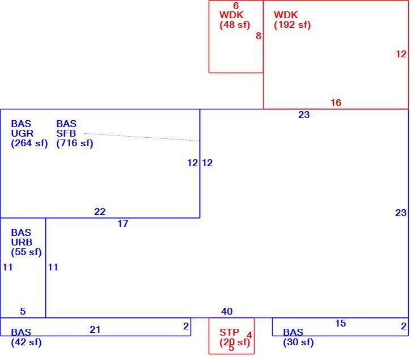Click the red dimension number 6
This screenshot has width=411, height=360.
[x=236, y=6]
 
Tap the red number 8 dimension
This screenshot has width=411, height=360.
[x=259, y=36]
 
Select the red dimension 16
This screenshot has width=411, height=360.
[x=336, y=103]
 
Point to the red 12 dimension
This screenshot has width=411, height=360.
[x=401, y=54]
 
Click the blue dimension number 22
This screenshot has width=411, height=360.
[x=100, y=211]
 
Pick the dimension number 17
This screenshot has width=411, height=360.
[x=122, y=224]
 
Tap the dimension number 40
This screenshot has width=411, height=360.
[x=227, y=311]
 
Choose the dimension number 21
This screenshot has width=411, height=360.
[x=95, y=329]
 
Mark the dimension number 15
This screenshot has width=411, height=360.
[x=341, y=323]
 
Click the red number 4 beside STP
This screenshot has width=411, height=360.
[x=249, y=335]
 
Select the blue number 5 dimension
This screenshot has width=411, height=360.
[x=23, y=311]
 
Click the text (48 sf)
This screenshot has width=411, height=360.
[x=235, y=25]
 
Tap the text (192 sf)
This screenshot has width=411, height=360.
[x=293, y=25]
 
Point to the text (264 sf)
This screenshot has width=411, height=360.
[x=29, y=143]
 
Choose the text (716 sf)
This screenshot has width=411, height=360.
[x=75, y=143]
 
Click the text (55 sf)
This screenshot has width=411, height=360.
[x=26, y=252]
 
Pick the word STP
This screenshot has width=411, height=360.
[x=230, y=332]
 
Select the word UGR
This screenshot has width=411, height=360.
[x=22, y=133]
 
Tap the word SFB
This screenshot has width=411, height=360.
[x=66, y=133]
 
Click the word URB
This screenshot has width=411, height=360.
[x=22, y=242]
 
